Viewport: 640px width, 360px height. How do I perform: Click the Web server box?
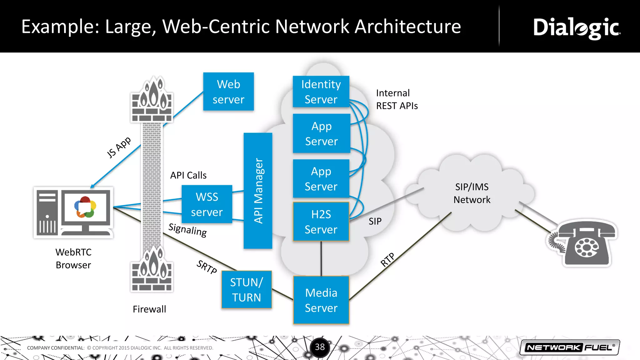(228, 92)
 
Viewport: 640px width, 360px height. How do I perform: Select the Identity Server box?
(321, 92)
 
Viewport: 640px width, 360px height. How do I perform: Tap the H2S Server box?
(321, 222)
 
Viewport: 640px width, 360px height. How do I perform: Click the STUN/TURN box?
(247, 290)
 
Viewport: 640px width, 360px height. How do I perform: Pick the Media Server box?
(321, 300)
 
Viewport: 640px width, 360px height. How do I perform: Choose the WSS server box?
(207, 204)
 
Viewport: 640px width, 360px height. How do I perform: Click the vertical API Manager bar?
(258, 191)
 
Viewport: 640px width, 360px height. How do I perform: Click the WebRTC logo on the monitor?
(85, 207)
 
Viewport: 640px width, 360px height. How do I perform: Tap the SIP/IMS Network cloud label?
(472, 193)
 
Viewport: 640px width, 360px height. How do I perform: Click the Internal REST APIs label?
(397, 99)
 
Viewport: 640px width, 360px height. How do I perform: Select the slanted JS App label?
(119, 147)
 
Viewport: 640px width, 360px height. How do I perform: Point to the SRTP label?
(207, 267)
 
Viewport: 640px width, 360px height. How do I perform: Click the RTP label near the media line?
(387, 260)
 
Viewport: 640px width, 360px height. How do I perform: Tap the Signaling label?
(187, 230)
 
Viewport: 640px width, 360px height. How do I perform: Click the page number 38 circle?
(320, 347)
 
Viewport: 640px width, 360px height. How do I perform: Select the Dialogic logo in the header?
(577, 28)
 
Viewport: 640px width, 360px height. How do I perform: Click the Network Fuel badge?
(570, 347)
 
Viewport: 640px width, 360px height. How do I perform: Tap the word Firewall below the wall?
(149, 309)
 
